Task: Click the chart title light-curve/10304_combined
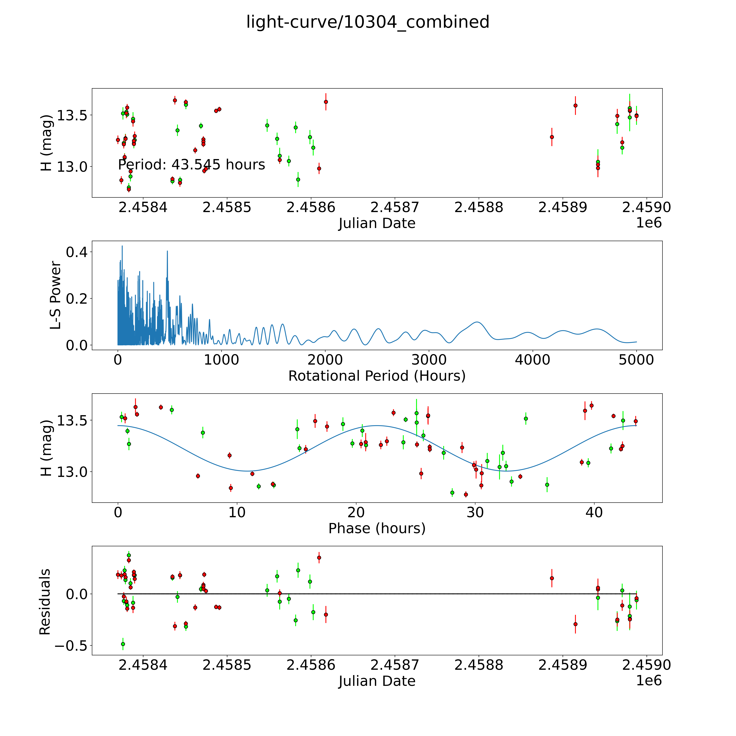(x=368, y=22)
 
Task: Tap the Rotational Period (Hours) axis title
(x=377, y=376)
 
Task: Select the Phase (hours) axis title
(x=377, y=528)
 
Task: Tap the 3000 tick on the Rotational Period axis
(x=429, y=360)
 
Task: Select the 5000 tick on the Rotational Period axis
(x=636, y=360)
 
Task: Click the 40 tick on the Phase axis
(x=594, y=512)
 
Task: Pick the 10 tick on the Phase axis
(x=237, y=512)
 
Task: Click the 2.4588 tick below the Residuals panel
(x=479, y=665)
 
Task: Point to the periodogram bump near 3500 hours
(x=477, y=322)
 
